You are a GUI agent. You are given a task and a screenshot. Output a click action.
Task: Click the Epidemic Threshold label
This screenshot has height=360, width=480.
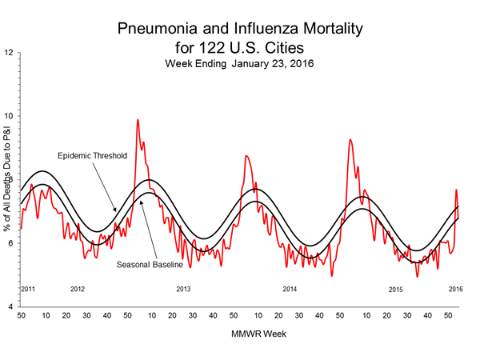(x=92, y=155)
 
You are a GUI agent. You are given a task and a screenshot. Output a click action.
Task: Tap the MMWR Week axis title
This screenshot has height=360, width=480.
(x=239, y=332)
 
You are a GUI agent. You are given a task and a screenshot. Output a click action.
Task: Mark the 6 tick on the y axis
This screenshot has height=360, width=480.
(x=10, y=243)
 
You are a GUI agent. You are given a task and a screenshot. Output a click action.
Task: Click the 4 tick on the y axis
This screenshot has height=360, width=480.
(x=10, y=306)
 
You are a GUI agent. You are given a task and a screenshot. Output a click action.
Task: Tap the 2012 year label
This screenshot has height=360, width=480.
(x=78, y=288)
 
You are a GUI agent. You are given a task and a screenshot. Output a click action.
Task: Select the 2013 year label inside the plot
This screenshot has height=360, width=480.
(x=183, y=288)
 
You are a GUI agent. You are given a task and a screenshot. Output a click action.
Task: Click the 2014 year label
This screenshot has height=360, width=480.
(x=289, y=288)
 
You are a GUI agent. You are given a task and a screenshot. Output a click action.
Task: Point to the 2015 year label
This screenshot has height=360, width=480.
(x=395, y=288)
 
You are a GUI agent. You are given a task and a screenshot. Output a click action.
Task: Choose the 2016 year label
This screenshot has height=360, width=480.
(x=455, y=288)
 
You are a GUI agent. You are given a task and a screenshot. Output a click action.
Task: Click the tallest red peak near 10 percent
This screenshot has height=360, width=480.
(x=138, y=120)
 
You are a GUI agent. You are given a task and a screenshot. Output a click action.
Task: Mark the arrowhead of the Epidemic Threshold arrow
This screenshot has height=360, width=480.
(x=116, y=212)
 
